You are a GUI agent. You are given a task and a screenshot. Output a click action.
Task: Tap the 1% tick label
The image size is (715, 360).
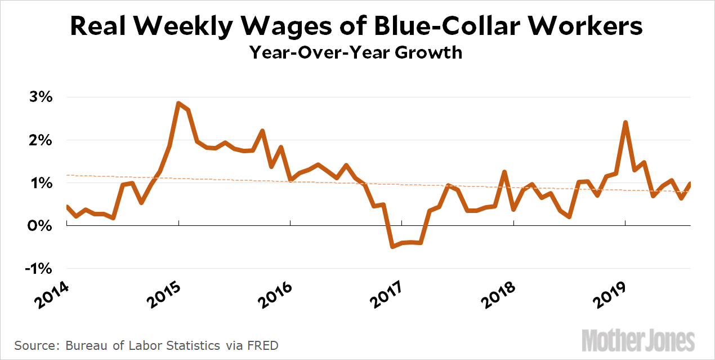(38, 183)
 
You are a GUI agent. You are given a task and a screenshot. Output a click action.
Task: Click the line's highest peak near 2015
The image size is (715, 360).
(178, 104)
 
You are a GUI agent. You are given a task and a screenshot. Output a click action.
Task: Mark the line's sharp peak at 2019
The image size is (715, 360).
(625, 122)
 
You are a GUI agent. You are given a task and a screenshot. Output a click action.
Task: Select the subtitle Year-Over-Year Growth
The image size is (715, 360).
(356, 53)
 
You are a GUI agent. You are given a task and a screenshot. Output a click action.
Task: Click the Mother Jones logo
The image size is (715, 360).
(638, 340)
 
